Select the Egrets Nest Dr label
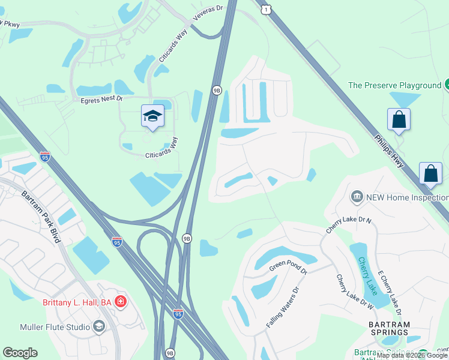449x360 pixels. point(101,98)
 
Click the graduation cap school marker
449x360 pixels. point(152,115)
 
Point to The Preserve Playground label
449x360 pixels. point(394,85)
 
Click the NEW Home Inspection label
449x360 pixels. point(406,197)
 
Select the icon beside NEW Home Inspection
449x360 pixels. point(357,197)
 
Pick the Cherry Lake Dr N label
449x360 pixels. point(349,225)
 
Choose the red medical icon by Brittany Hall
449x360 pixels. point(121,302)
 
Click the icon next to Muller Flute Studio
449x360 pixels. point(99,327)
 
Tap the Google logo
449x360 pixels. point(20,353)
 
